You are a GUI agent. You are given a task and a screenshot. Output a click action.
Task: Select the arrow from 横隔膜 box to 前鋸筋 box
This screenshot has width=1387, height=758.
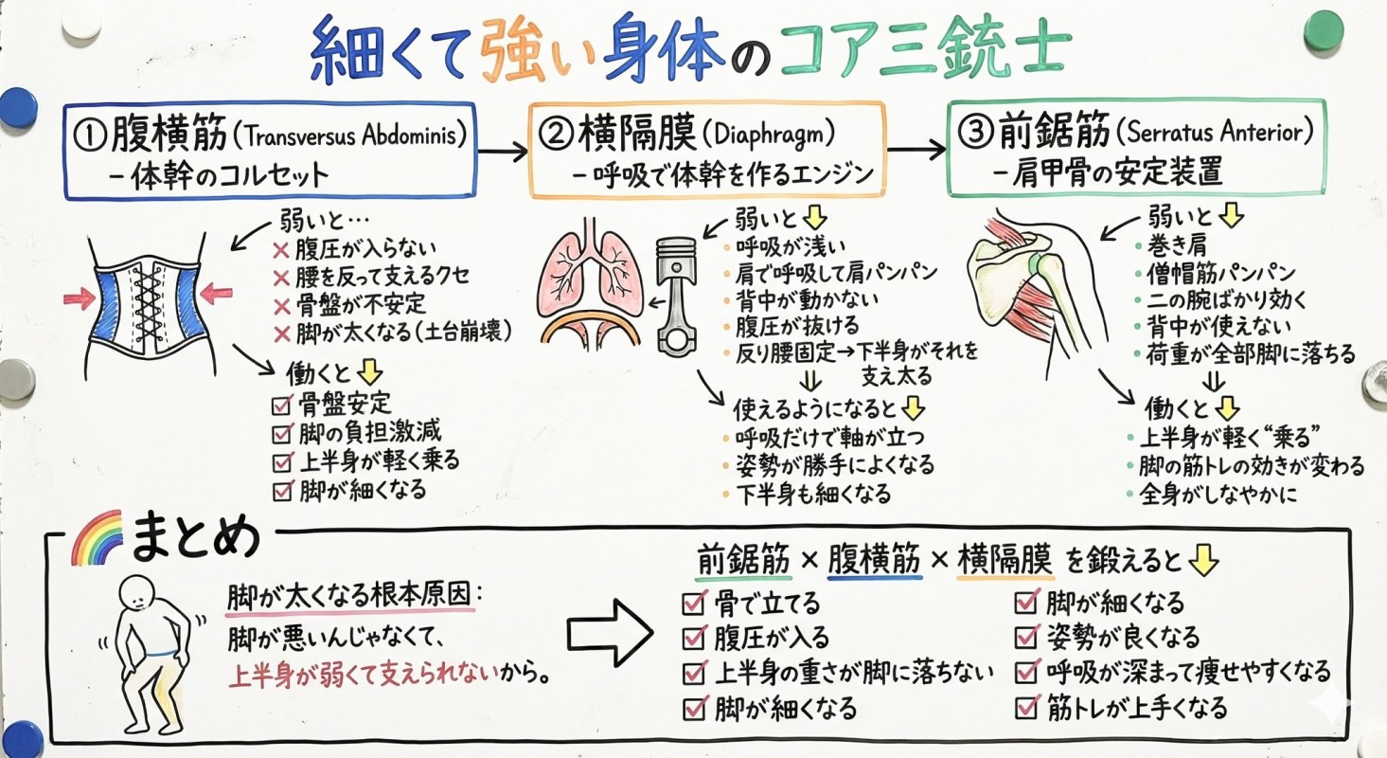[916, 149]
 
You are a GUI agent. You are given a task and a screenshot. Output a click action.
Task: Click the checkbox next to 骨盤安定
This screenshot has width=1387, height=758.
[280, 405]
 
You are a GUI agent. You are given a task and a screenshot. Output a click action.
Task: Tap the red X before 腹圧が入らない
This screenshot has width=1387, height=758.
[280, 252]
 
